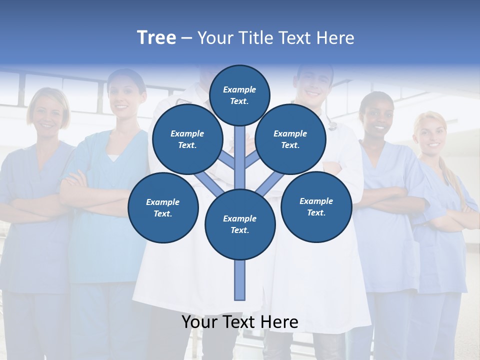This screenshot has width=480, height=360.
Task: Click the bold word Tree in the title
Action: tap(156, 38)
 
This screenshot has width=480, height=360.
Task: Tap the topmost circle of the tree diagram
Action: tap(239, 95)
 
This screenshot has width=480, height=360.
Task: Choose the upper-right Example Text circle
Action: tap(290, 139)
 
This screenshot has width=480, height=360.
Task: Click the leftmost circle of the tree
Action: tap(163, 207)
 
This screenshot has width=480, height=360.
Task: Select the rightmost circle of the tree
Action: tap(316, 206)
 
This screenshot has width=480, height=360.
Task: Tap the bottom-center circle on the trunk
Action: tap(239, 224)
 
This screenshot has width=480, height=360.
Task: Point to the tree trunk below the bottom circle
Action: tap(239, 280)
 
